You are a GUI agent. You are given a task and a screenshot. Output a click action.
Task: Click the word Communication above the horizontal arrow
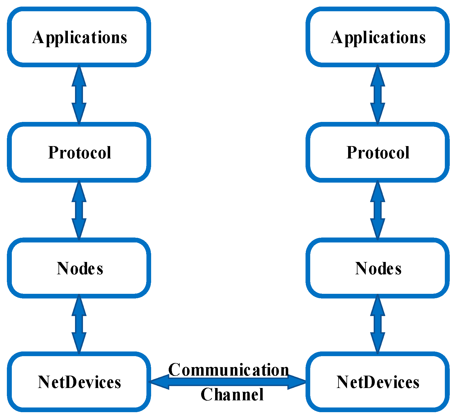(x=228, y=370)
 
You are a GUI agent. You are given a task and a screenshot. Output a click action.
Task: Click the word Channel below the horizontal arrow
(x=232, y=395)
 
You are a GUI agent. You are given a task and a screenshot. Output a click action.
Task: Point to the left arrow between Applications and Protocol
(x=79, y=95)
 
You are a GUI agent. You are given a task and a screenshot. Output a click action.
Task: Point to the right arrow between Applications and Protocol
(x=378, y=95)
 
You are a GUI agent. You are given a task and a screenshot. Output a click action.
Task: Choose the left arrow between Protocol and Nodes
(x=79, y=210)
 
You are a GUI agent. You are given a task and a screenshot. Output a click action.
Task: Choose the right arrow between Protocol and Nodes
(x=378, y=210)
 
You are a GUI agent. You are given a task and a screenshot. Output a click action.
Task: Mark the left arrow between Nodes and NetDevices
(x=79, y=324)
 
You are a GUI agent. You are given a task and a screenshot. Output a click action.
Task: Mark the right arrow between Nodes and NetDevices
(x=378, y=324)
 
